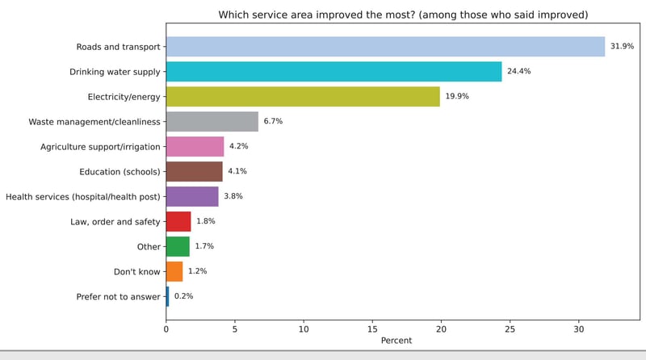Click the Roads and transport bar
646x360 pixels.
tap(385, 47)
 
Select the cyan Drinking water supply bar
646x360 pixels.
tap(333, 72)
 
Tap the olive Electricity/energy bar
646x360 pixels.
tap(303, 97)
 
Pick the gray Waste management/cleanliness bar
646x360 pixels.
tap(212, 122)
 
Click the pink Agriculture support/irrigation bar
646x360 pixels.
tap(195, 147)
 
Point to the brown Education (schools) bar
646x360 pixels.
tap(194, 172)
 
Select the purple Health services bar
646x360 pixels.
tap(192, 197)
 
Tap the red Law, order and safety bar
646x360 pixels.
tap(178, 222)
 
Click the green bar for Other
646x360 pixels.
tap(178, 246)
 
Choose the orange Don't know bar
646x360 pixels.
tap(174, 271)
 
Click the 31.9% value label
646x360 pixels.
tap(622, 47)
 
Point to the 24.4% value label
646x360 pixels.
tap(518, 72)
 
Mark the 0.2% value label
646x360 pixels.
tap(183, 296)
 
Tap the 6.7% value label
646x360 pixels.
tap(273, 122)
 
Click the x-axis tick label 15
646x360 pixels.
tap(372, 329)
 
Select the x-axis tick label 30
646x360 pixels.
tap(579, 329)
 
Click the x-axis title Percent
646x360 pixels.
tap(396, 341)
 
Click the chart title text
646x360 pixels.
tap(403, 15)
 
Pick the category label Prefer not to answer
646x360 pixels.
tap(118, 297)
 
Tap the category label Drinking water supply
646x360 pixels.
tap(115, 72)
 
